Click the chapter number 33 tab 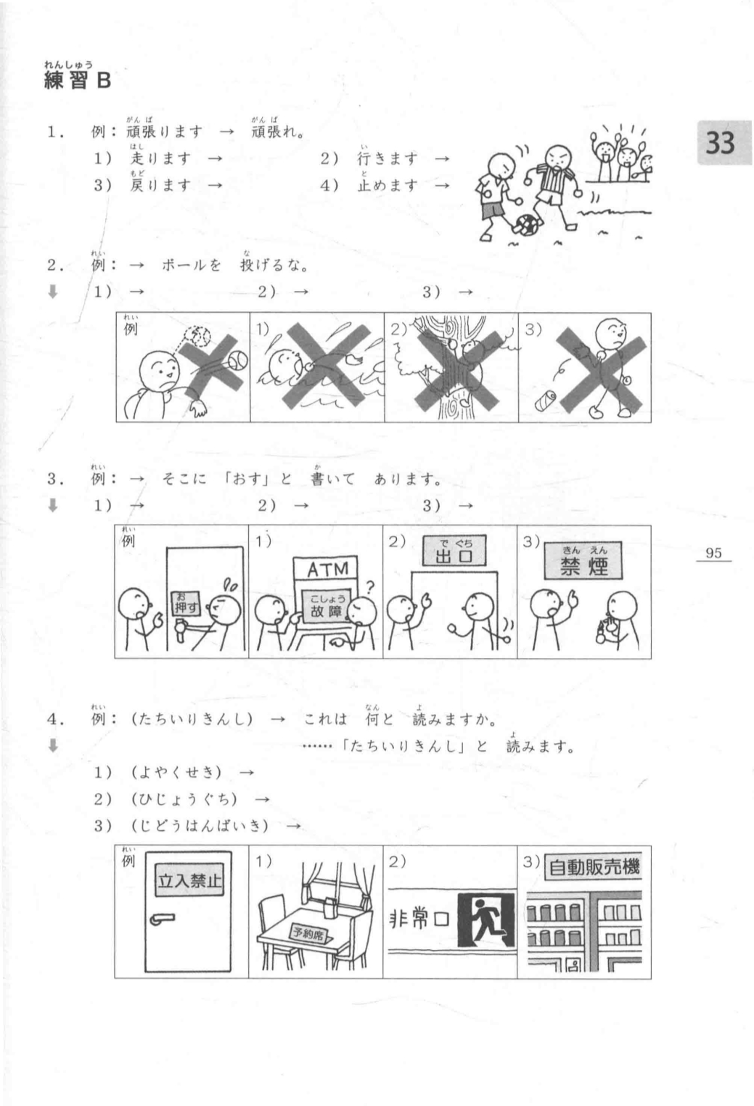point(720,143)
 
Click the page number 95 point(713,553)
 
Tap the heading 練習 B point(78,80)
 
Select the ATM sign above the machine point(328,570)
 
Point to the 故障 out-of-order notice point(327,608)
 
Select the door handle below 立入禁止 point(162,919)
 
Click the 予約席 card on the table point(309,933)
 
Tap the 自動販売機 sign point(594,867)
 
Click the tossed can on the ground point(546,398)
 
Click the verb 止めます point(388,185)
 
